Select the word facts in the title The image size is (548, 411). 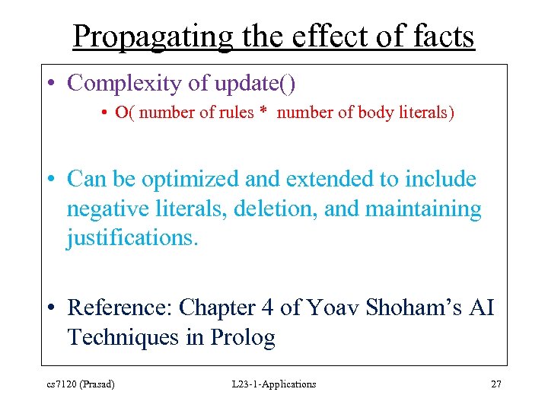(x=439, y=36)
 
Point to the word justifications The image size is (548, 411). (x=132, y=237)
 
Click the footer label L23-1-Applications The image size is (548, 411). (x=274, y=384)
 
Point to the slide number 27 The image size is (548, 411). (x=495, y=384)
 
